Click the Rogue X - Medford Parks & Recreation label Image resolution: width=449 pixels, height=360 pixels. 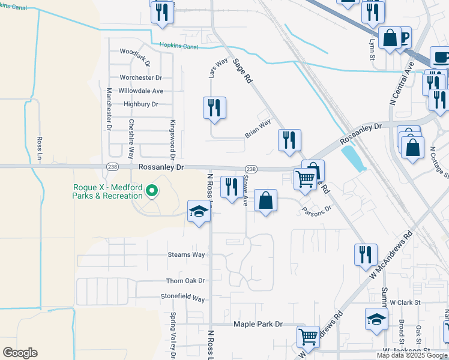tap(108, 190)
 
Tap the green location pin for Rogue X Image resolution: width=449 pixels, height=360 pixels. tap(152, 191)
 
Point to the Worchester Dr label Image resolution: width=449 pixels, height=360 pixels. tap(141, 78)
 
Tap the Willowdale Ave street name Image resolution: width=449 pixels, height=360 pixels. tap(141, 91)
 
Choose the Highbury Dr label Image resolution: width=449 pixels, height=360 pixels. tap(140, 104)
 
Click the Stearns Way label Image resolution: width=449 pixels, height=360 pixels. tap(185, 255)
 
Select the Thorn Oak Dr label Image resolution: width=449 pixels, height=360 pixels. tap(185, 281)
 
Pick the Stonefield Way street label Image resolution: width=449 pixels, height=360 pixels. tap(182, 298)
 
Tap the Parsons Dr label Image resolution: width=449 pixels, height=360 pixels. tap(316, 211)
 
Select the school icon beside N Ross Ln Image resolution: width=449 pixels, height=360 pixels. tap(199, 211)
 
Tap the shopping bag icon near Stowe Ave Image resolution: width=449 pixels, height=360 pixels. tap(265, 201)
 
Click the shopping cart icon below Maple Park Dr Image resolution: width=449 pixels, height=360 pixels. tap(308, 337)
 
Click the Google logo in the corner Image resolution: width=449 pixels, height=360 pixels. tap(20, 353)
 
